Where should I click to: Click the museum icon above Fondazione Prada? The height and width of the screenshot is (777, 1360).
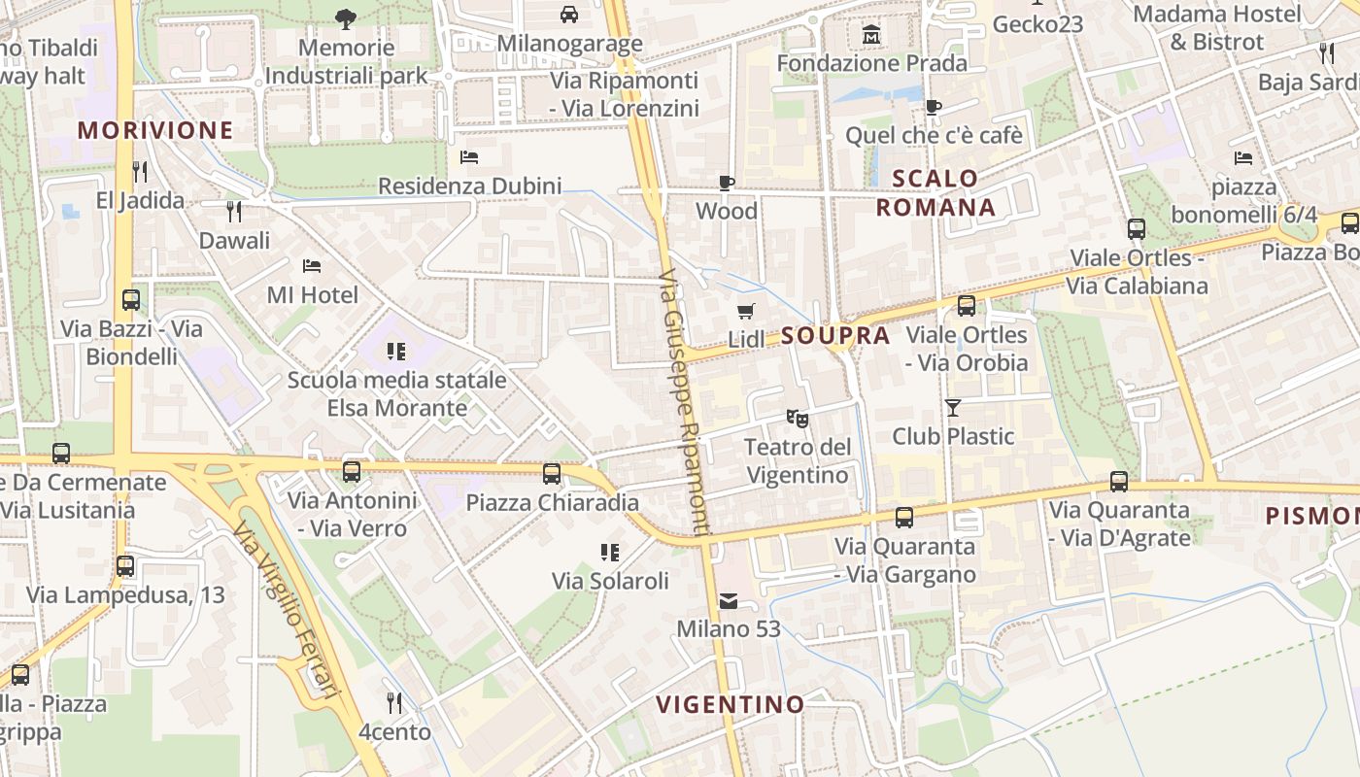[871, 36]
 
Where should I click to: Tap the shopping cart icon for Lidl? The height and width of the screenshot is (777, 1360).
[745, 312]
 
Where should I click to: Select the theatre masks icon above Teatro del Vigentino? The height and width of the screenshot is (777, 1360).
[797, 419]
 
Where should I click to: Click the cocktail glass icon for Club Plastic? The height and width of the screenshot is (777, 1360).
[953, 408]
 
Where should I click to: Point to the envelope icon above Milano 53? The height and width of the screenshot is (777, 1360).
[728, 601]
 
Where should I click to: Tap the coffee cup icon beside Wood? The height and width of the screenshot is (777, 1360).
[726, 183]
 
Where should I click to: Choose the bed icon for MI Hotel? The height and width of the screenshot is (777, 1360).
[312, 265]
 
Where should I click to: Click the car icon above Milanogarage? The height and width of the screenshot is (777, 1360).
[569, 15]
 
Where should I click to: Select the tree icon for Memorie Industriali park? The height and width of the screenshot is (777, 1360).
[345, 18]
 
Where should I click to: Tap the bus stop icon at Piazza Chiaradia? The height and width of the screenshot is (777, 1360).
[552, 474]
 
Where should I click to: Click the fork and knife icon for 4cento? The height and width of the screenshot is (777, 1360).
[393, 702]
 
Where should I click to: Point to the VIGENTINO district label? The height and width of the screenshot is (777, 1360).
[730, 704]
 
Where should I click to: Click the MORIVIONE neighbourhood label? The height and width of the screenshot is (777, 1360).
[155, 130]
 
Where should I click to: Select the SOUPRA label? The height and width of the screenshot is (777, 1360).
[835, 336]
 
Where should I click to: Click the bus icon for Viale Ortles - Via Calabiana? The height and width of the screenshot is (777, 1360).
[1136, 229]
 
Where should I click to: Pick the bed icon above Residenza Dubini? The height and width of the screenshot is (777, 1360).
[469, 156]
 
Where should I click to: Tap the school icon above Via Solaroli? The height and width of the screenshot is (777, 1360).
[610, 553]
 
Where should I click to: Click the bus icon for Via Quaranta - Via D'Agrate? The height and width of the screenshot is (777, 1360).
[1119, 481]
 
